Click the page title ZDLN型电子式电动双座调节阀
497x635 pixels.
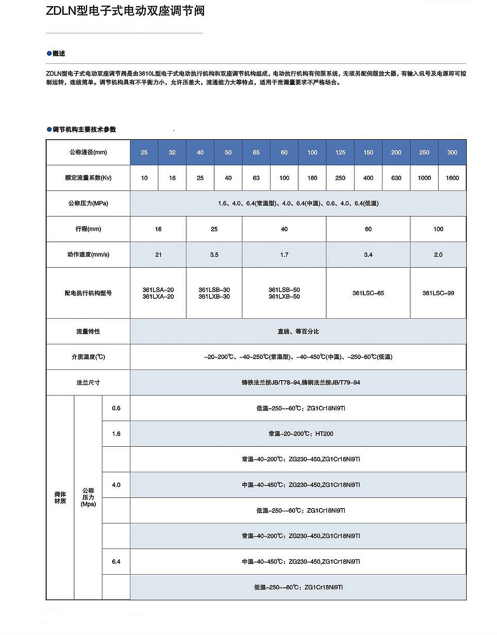[125, 11]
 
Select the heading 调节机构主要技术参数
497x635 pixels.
[84, 129]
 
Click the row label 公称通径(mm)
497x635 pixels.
[88, 152]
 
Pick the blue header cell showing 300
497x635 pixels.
[452, 152]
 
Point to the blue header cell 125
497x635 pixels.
[340, 152]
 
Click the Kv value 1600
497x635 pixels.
[452, 178]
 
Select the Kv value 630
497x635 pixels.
[396, 178]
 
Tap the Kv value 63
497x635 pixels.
[256, 178]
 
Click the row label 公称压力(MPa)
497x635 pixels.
[88, 204]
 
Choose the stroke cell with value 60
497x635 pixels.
[368, 229]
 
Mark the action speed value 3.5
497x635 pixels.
[214, 255]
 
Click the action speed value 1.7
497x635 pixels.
[284, 255]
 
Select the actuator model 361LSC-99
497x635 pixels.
[438, 293]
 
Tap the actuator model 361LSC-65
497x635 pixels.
[368, 293]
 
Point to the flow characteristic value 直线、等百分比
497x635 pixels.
[298, 332]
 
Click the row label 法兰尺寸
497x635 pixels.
[88, 383]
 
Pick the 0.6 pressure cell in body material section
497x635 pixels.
[116, 408]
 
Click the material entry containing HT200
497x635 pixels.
[301, 434]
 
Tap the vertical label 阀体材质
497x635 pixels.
[60, 497]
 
